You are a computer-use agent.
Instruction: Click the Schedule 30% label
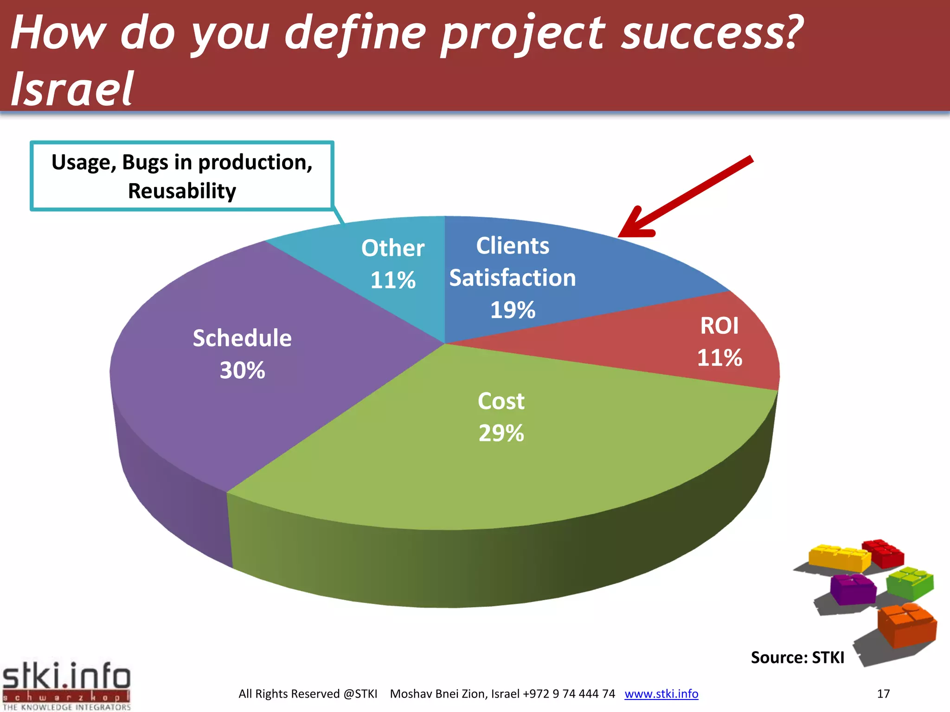(242, 354)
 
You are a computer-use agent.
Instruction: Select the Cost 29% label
(501, 417)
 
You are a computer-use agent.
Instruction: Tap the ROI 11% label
(719, 342)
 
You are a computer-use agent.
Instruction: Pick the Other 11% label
(393, 264)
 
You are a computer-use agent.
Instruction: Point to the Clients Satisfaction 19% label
(513, 278)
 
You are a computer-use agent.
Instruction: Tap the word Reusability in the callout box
(182, 191)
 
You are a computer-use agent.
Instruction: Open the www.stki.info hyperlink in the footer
(661, 693)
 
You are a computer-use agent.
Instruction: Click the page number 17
(883, 693)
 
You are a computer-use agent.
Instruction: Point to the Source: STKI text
(797, 657)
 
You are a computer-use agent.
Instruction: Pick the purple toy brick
(853, 589)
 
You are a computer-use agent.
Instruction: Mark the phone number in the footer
(569, 693)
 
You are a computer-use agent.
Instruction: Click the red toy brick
(884, 553)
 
